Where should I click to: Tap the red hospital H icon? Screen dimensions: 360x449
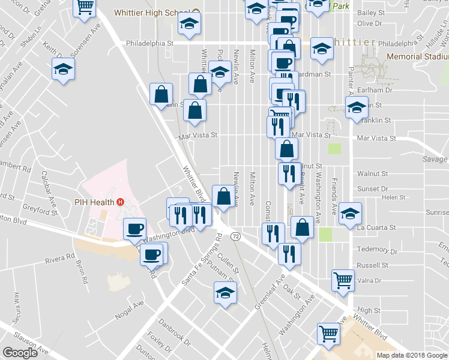(121, 202)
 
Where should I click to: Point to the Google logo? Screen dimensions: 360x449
(20, 353)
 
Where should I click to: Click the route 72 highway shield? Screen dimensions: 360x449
(235, 237)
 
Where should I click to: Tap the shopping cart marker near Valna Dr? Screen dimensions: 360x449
(343, 279)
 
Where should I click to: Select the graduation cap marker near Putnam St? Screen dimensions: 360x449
(225, 293)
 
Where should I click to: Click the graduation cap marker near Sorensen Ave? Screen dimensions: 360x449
(63, 70)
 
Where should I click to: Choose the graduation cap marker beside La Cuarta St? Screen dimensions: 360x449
(349, 214)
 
